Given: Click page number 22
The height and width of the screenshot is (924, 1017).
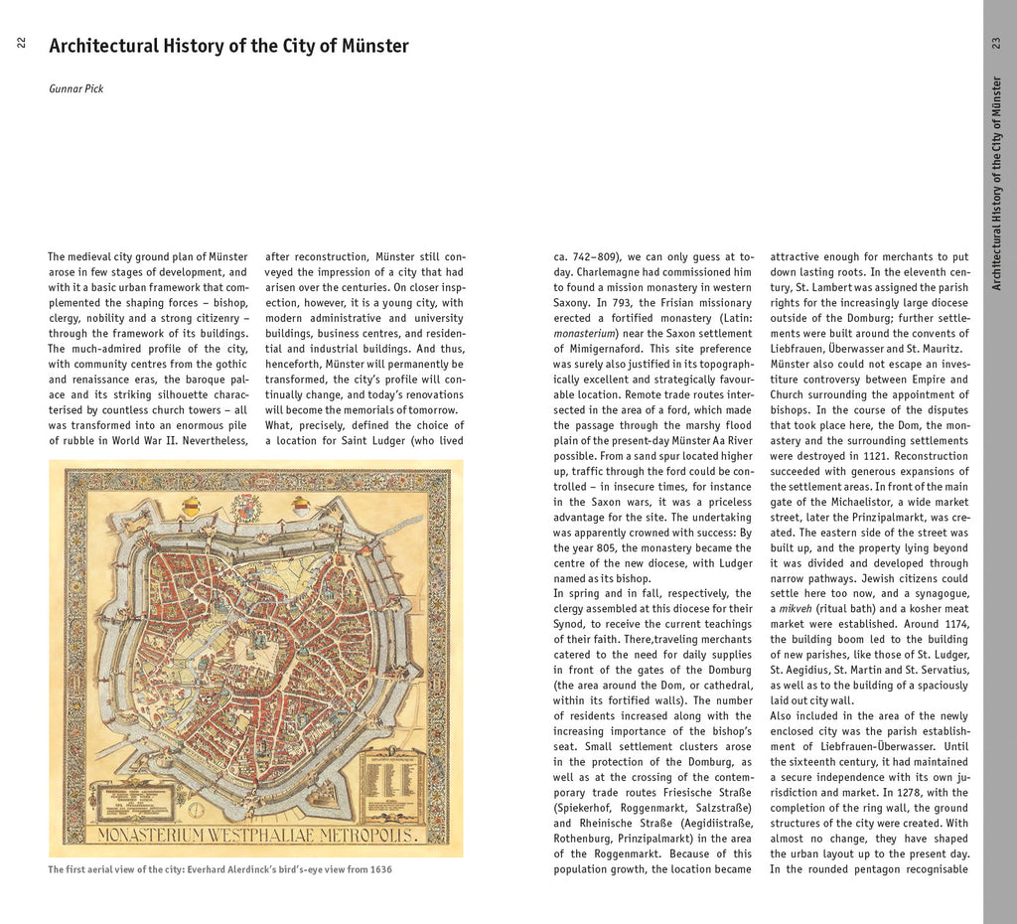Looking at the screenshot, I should coord(21,43).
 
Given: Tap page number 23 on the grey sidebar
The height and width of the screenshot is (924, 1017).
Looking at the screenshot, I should coord(996,43).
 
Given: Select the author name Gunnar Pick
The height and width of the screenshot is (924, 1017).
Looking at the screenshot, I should coord(76,89).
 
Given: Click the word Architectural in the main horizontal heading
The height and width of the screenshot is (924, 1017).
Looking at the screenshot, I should coord(103,46).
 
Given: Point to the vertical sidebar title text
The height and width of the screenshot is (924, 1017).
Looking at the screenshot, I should coord(996,183).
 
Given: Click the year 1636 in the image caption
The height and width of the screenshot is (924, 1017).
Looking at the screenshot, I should coord(378,870).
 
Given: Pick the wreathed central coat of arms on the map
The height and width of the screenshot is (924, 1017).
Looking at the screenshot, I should coord(245,507).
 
